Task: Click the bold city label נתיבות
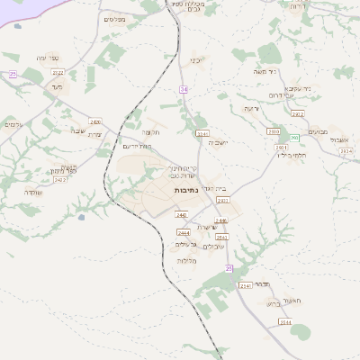tap(186, 191)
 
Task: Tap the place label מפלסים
tap(114, 19)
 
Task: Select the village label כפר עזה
tap(48, 58)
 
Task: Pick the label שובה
tap(77, 131)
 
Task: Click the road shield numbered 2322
tap(58, 72)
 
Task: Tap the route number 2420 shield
tap(95, 121)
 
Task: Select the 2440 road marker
tap(182, 215)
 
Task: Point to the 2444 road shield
tap(184, 232)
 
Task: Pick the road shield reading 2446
tap(221, 220)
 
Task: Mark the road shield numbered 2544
tap(285, 321)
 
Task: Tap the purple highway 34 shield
tap(183, 89)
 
